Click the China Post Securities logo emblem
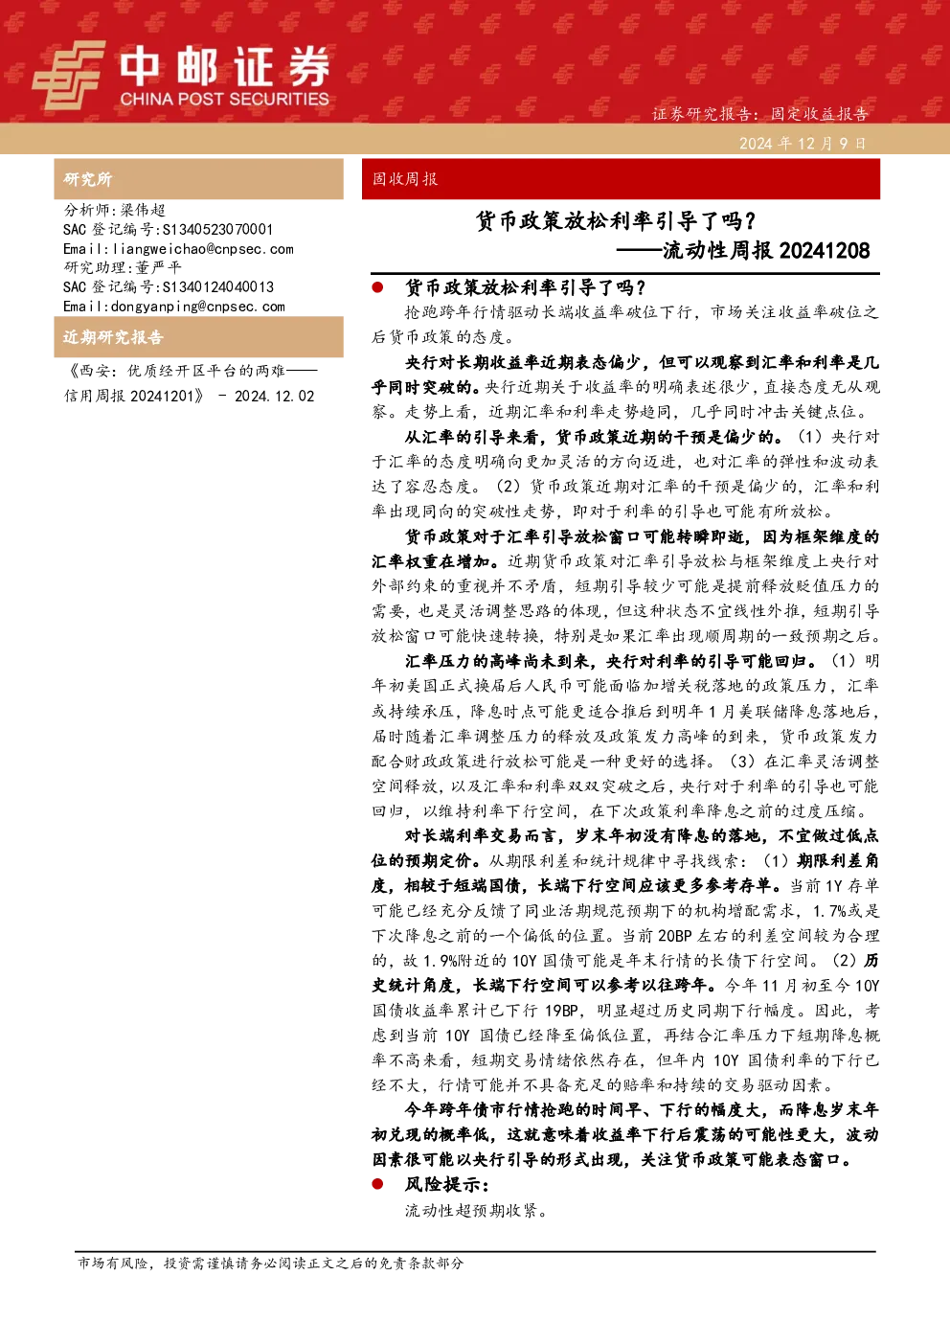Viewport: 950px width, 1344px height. (68, 75)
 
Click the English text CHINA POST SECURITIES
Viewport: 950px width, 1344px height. (224, 99)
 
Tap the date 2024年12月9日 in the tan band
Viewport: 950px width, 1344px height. (803, 144)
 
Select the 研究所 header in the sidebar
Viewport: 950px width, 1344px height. (87, 179)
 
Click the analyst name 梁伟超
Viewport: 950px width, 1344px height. (143, 210)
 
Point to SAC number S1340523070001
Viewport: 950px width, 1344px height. (217, 229)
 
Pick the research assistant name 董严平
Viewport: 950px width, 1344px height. (158, 267)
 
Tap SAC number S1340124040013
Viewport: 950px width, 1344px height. (218, 286)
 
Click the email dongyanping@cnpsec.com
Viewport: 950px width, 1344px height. (198, 307)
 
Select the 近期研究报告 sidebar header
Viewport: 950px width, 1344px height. (113, 337)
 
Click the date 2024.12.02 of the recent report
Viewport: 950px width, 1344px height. (274, 396)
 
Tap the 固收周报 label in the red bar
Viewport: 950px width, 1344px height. (405, 179)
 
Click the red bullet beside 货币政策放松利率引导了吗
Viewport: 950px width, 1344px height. (377, 287)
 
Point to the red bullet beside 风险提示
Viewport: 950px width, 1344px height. (377, 1184)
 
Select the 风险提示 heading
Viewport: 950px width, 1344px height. (447, 1184)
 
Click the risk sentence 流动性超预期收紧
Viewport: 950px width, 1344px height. (476, 1210)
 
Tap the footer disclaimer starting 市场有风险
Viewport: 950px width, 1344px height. (270, 1263)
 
